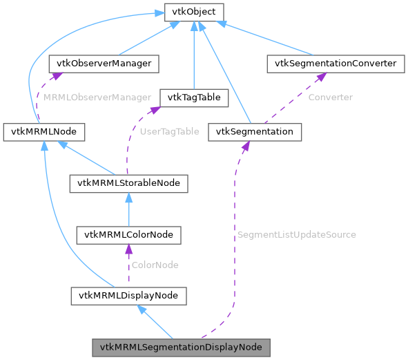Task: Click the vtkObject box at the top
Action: (x=193, y=12)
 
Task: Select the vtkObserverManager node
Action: (x=104, y=64)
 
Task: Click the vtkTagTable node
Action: (x=193, y=97)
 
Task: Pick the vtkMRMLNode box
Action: (x=44, y=131)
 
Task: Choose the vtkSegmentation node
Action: (x=255, y=131)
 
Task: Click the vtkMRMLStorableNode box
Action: (x=129, y=183)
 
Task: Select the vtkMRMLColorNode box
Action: (x=129, y=235)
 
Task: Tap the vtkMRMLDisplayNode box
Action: (x=129, y=296)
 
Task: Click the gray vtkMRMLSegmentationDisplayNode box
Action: (x=181, y=347)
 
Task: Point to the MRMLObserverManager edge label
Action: (x=97, y=97)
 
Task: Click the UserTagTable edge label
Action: (x=169, y=131)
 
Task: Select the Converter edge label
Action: (x=330, y=97)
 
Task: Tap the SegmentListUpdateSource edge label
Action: (x=296, y=234)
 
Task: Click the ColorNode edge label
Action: (x=155, y=265)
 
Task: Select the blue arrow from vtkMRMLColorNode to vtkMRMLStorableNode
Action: (x=129, y=209)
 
